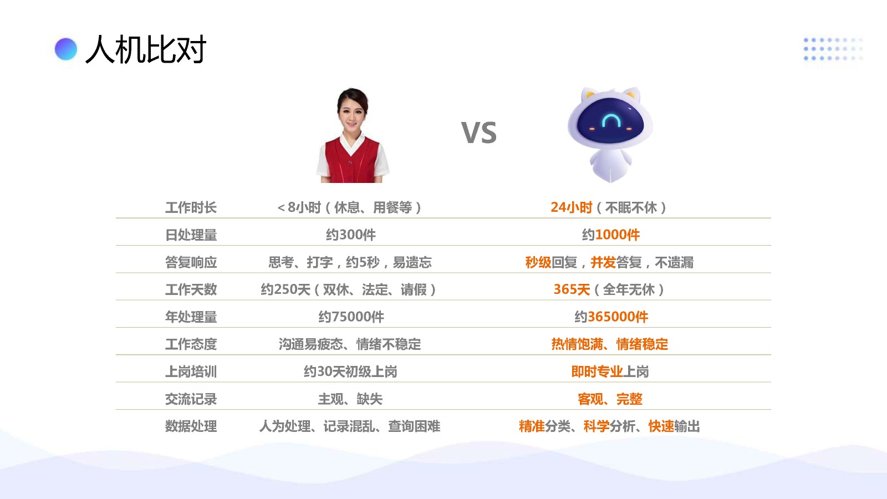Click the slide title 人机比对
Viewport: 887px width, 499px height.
point(146,49)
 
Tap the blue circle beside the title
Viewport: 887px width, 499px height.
point(66,49)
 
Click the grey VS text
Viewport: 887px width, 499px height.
point(479,133)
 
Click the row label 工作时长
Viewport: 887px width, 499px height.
point(191,207)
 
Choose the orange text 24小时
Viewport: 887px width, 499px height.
point(572,207)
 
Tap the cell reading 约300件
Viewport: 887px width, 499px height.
point(351,235)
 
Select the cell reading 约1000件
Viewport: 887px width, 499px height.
point(611,235)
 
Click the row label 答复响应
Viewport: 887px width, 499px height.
point(191,262)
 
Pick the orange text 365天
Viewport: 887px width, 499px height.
point(572,289)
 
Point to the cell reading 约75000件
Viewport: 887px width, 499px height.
point(351,317)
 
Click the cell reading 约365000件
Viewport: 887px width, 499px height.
point(611,317)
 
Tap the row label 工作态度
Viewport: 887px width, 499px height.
point(191,344)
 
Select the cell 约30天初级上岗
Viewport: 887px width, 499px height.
point(350,371)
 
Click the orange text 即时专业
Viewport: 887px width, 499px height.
point(597,371)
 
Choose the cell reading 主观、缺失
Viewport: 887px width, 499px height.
point(350,399)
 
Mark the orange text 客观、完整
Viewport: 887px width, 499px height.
point(610,399)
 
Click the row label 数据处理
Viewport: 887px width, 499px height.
point(191,426)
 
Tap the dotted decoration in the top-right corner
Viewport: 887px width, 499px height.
point(833,49)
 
